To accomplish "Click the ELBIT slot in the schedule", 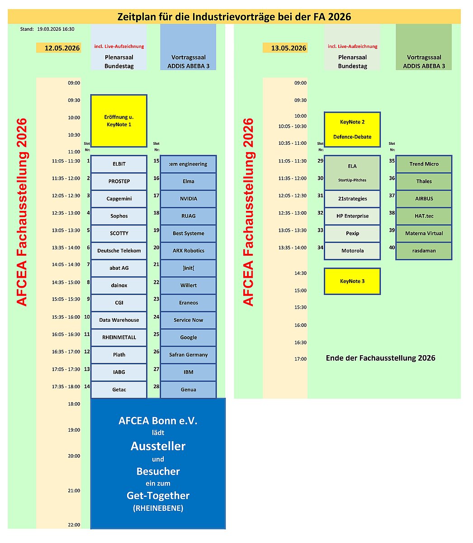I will (x=119, y=164).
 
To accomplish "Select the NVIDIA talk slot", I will (x=188, y=199).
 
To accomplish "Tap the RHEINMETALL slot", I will (x=119, y=337).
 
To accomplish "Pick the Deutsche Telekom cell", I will (x=119, y=251).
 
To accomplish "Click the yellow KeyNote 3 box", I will (x=352, y=281).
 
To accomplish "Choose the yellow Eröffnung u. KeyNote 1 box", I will (x=119, y=121).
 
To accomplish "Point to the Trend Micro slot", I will (x=424, y=164).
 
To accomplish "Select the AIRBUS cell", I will (x=424, y=199).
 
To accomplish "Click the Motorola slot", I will (x=352, y=251).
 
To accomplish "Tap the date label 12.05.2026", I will (x=62, y=48).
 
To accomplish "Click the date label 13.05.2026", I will (x=289, y=48).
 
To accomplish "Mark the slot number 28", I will (x=156, y=386).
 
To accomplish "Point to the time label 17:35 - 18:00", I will (x=66, y=386).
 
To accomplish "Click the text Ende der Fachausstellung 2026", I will (x=380, y=358).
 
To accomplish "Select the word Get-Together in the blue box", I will (x=158, y=495).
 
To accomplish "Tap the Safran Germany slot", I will (x=188, y=355).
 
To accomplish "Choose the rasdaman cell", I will (x=424, y=251).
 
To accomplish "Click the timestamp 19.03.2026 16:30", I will (x=56, y=29).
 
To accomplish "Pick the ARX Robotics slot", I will (x=188, y=251).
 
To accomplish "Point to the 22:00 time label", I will (x=74, y=525).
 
